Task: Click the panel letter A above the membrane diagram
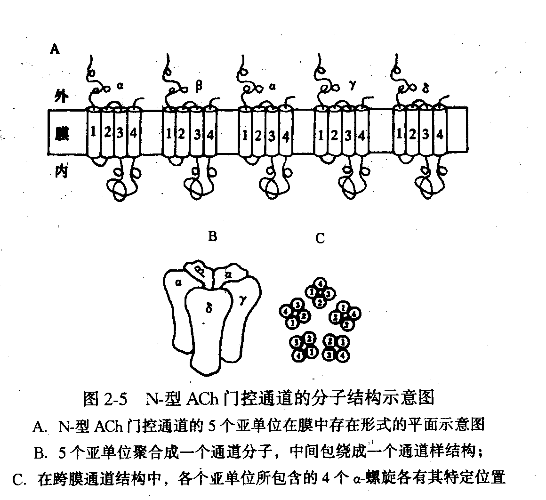tap(55, 49)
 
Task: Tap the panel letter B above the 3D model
tap(212, 236)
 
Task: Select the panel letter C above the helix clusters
tap(320, 239)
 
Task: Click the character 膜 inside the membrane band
tap(61, 133)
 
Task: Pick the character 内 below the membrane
tap(60, 172)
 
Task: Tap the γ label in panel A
tap(352, 86)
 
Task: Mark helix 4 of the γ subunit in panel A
tap(361, 136)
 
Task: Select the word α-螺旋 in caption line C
tap(371, 479)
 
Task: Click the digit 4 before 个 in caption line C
tap(323, 479)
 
